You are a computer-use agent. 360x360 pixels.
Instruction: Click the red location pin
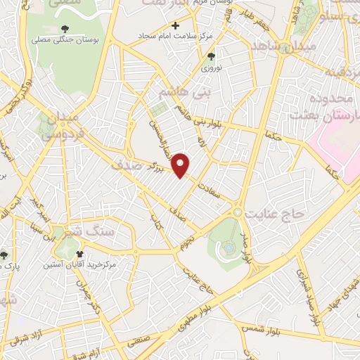click(181, 165)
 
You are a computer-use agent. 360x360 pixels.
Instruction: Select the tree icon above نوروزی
click(211, 57)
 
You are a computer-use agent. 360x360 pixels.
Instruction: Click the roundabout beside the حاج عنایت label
click(238, 212)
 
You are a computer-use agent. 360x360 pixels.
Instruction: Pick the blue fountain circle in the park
click(229, 247)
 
